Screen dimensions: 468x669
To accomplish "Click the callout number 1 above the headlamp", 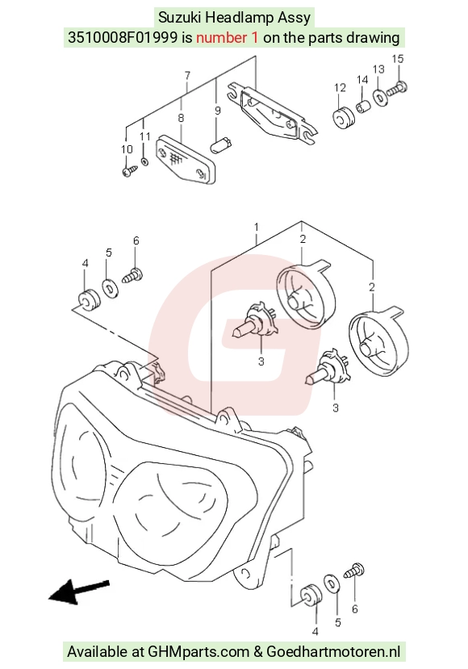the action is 256,227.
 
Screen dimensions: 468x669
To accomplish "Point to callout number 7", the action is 187,76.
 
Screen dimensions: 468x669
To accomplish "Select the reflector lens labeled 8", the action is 186,160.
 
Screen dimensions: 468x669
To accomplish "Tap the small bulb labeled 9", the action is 221,144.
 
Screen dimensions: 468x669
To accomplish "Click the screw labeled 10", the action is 129,171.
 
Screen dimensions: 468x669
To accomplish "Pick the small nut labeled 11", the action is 144,162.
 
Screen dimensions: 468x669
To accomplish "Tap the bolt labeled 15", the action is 397,89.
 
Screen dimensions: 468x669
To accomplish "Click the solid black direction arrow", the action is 79,591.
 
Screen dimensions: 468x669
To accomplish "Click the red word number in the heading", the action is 227,38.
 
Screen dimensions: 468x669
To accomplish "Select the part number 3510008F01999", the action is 123,38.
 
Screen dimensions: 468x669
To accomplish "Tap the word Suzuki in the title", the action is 180,18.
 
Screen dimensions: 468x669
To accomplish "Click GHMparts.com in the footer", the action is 198,652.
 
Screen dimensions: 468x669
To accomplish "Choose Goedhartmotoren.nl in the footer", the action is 333,652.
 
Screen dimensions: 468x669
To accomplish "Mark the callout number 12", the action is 340,88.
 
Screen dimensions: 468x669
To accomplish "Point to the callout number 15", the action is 398,59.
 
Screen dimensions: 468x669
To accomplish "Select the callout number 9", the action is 218,111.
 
